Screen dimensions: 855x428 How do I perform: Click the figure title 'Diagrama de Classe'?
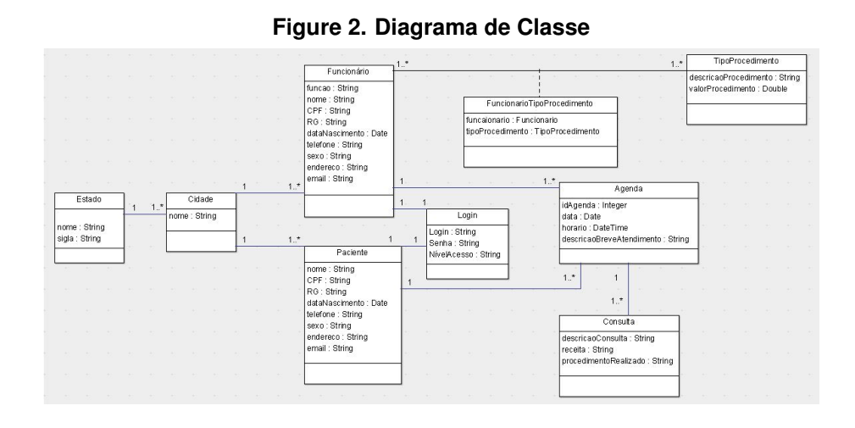click(x=481, y=27)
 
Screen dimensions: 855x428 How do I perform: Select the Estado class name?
click(x=89, y=199)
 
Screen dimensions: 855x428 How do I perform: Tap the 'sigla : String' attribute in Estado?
click(x=79, y=238)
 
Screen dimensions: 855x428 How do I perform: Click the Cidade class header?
click(x=201, y=199)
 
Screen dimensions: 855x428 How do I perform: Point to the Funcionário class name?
click(x=348, y=71)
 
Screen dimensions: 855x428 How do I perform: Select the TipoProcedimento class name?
click(x=746, y=61)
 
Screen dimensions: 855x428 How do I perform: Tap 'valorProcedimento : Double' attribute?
click(x=738, y=89)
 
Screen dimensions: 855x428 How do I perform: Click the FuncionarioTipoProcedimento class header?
click(x=540, y=103)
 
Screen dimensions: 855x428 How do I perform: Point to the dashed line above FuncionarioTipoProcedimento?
click(x=540, y=83)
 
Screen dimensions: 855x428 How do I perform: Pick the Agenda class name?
click(x=628, y=189)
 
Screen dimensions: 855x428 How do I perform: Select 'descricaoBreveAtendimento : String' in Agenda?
click(x=625, y=239)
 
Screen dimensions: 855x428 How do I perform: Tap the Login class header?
click(x=467, y=215)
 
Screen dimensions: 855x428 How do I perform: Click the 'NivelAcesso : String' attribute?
click(x=464, y=254)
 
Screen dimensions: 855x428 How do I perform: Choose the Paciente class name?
click(x=353, y=253)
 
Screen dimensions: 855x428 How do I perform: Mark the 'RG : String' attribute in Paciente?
click(x=326, y=292)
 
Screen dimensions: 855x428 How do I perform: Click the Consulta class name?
click(x=619, y=322)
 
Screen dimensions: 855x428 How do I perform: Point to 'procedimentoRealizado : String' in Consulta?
click(x=617, y=361)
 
